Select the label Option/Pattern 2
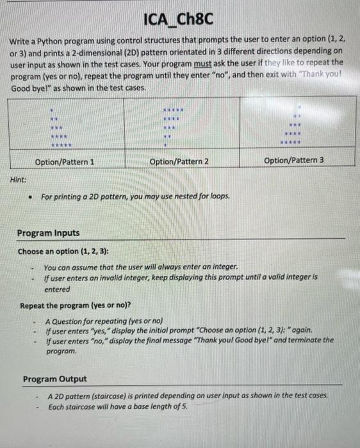(179, 162)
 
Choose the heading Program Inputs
(49, 234)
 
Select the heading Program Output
(54, 380)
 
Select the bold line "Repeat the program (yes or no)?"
(75, 305)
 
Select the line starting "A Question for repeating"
(104, 320)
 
